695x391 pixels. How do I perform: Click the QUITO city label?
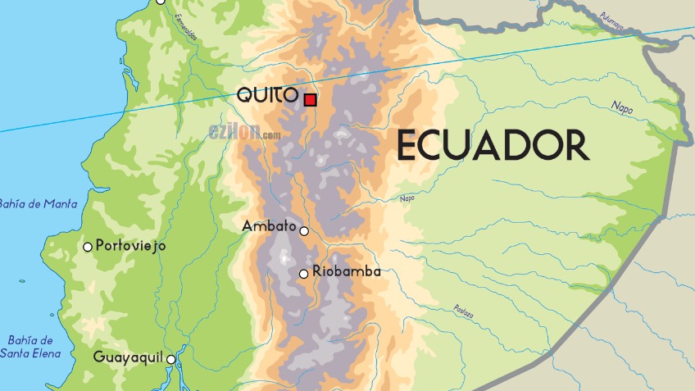point(267,95)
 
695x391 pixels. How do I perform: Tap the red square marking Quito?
point(311,100)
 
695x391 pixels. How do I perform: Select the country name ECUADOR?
point(493,146)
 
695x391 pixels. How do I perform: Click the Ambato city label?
point(270,225)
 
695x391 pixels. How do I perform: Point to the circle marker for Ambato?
point(304,231)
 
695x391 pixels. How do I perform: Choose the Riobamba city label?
point(347,271)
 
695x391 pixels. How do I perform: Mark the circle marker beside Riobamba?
point(304,274)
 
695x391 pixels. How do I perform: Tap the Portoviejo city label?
point(131,245)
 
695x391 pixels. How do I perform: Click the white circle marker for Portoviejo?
point(88,247)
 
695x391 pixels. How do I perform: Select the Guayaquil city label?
point(129,357)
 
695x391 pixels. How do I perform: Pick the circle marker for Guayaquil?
point(171,359)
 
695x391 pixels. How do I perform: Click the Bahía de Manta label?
point(38,204)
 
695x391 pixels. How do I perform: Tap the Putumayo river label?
point(611,21)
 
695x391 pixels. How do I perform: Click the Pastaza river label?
point(463,309)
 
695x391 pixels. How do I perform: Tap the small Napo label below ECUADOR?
point(407,198)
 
